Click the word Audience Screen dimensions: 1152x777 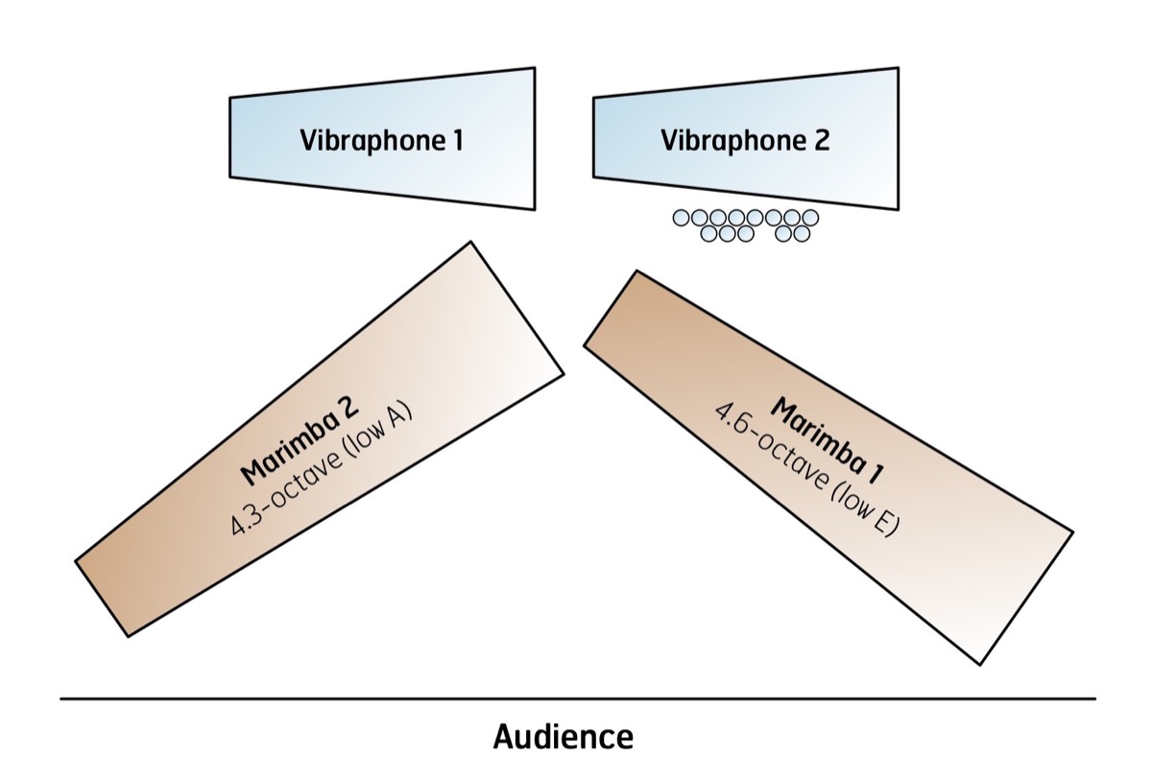point(564,737)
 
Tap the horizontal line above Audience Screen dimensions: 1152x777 point(578,698)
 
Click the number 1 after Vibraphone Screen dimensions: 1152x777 point(458,140)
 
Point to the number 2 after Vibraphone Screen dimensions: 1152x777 point(822,140)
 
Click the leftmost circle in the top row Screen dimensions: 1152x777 point(681,219)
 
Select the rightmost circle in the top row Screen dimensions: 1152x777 point(810,218)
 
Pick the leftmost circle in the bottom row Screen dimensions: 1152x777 point(708,234)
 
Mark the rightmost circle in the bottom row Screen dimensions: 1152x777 point(802,234)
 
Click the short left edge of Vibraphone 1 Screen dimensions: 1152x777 point(229,138)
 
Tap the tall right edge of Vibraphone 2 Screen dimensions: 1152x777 point(899,138)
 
